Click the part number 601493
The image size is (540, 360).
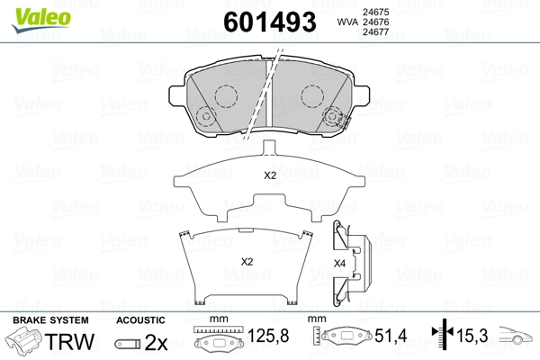point(270,22)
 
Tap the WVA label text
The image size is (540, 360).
point(347,22)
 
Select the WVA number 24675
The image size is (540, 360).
point(375,12)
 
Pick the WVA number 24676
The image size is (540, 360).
point(375,22)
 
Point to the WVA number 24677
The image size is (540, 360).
point(375,32)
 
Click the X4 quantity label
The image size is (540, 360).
point(339,264)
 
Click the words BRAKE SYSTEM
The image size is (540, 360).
point(50,320)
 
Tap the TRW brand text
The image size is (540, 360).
point(69,341)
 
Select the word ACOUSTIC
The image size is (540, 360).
point(140,320)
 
